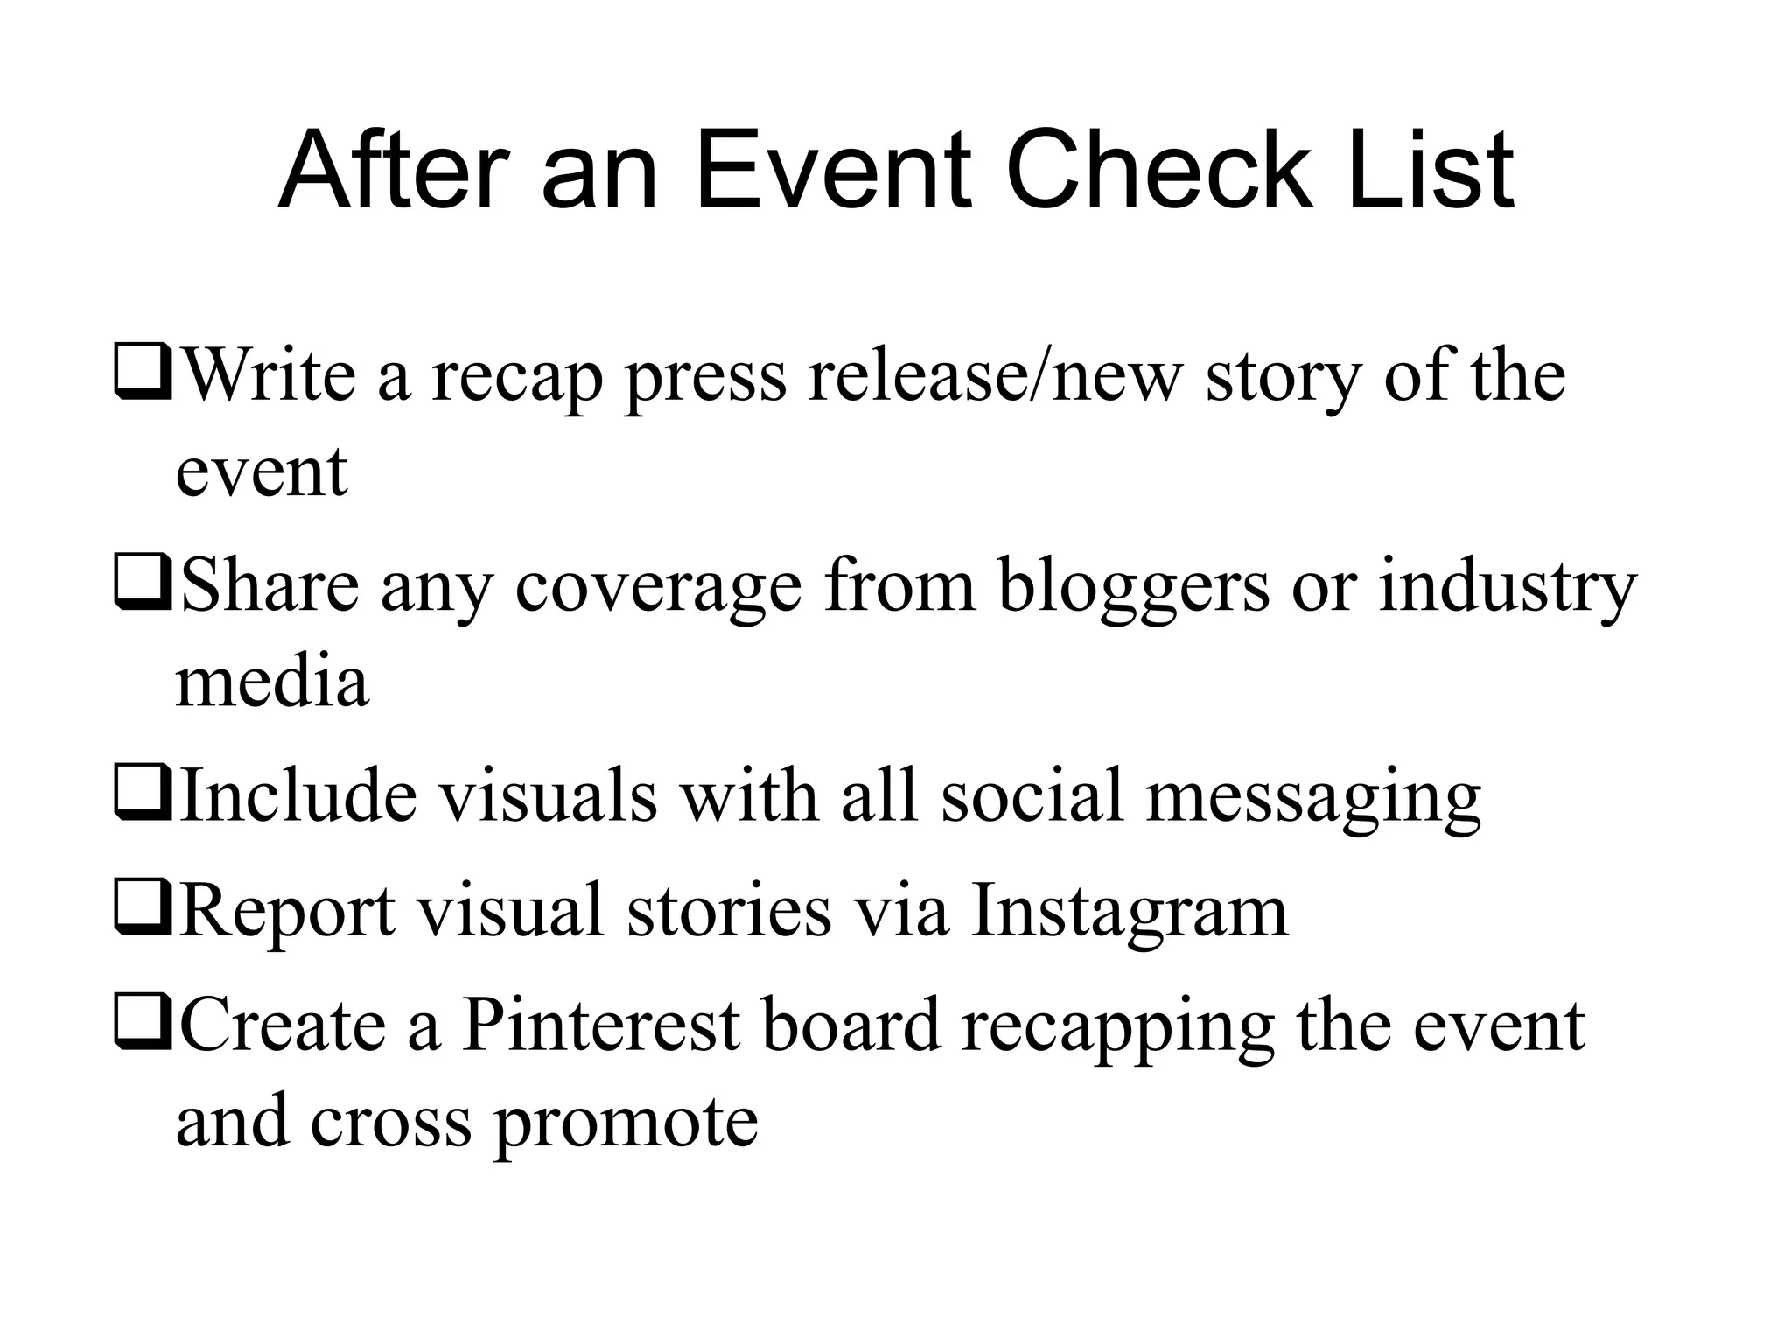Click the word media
tap(272, 682)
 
